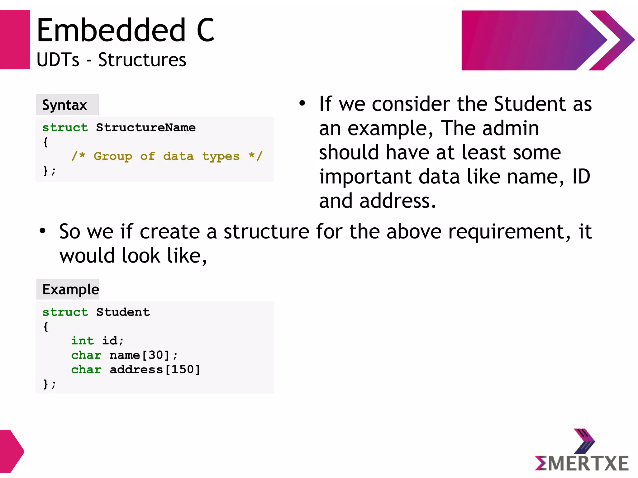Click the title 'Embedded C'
click(125, 30)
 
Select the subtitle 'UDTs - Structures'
click(111, 60)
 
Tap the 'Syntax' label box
click(67, 105)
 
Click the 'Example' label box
click(68, 289)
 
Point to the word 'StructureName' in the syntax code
click(146, 127)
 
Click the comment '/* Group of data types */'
click(167, 156)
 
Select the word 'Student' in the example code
click(123, 312)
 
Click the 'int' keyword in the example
click(83, 341)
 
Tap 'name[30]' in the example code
click(139, 355)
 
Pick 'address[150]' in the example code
click(155, 370)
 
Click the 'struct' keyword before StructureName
click(65, 127)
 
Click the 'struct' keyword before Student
click(65, 312)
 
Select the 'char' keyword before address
click(86, 370)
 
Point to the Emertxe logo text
click(582, 463)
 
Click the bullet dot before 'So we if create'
click(42, 231)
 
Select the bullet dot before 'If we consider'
click(302, 103)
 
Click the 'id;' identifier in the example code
click(113, 341)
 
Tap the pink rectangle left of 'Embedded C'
click(15, 40)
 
